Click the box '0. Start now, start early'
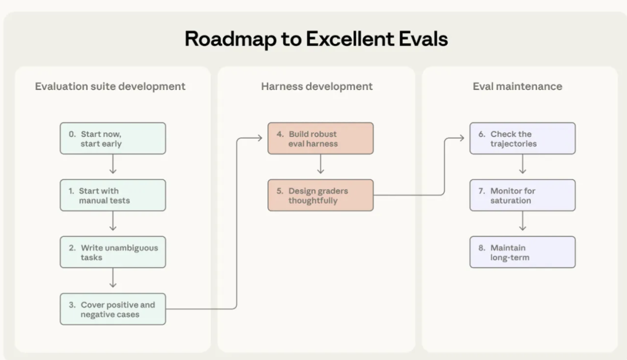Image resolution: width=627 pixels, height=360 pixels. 113,138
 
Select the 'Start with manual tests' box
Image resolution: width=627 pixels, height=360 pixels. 113,195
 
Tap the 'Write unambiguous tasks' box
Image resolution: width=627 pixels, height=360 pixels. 113,252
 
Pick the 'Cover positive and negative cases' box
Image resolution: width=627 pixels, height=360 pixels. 113,309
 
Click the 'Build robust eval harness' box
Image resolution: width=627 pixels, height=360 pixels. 320,138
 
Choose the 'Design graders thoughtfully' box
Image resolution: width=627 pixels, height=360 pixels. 320,195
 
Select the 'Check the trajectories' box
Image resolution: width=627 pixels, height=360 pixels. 522,138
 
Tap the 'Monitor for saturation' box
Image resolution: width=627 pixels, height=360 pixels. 522,195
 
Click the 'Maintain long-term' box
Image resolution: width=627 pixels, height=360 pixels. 522,252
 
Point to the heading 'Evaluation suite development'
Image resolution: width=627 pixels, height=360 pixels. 110,87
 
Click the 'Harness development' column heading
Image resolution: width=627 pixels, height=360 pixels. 317,87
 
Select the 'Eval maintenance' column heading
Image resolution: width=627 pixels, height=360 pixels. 517,87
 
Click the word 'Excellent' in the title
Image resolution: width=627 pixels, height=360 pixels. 351,39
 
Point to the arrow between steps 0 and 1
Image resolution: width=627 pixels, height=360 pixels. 113,166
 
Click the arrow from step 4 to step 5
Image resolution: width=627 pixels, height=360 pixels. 320,166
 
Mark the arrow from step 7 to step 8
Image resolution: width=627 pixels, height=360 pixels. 522,223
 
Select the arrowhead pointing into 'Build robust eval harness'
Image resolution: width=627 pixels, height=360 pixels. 259,138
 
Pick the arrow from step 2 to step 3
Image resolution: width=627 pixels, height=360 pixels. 113,280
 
